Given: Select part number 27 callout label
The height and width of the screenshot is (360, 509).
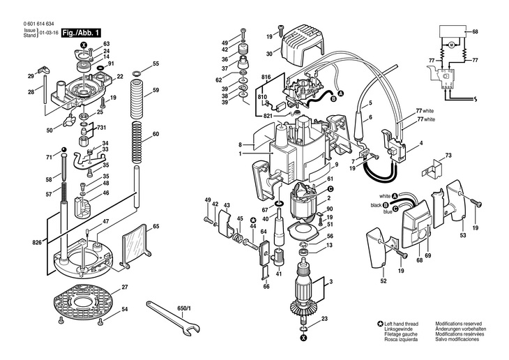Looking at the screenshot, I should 125,287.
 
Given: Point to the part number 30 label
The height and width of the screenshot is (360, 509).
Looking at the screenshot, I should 269,54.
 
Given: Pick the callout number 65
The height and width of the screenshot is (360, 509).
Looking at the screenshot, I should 156,227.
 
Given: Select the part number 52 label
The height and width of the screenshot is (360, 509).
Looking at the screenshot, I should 383,281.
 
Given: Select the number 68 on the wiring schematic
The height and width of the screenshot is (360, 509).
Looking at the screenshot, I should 475,32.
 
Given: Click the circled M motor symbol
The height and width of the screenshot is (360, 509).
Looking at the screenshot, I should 449,45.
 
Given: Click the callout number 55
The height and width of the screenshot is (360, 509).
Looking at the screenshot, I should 156,63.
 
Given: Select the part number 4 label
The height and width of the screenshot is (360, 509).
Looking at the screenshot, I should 420,144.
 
